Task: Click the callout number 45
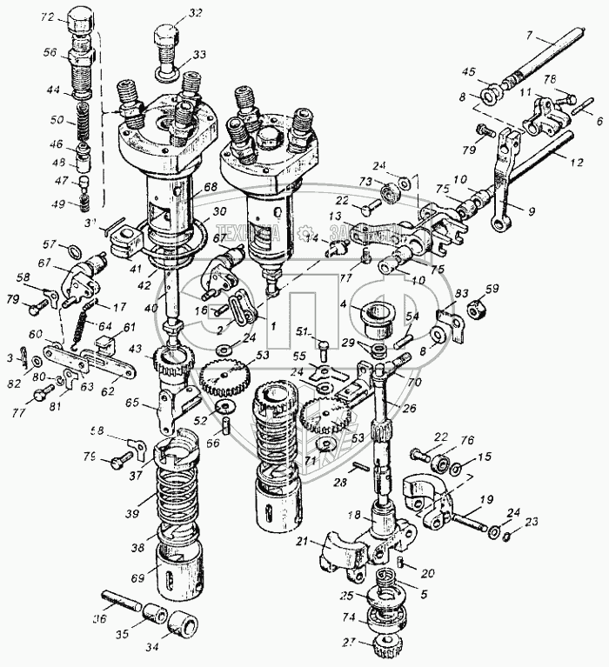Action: [x=468, y=72]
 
